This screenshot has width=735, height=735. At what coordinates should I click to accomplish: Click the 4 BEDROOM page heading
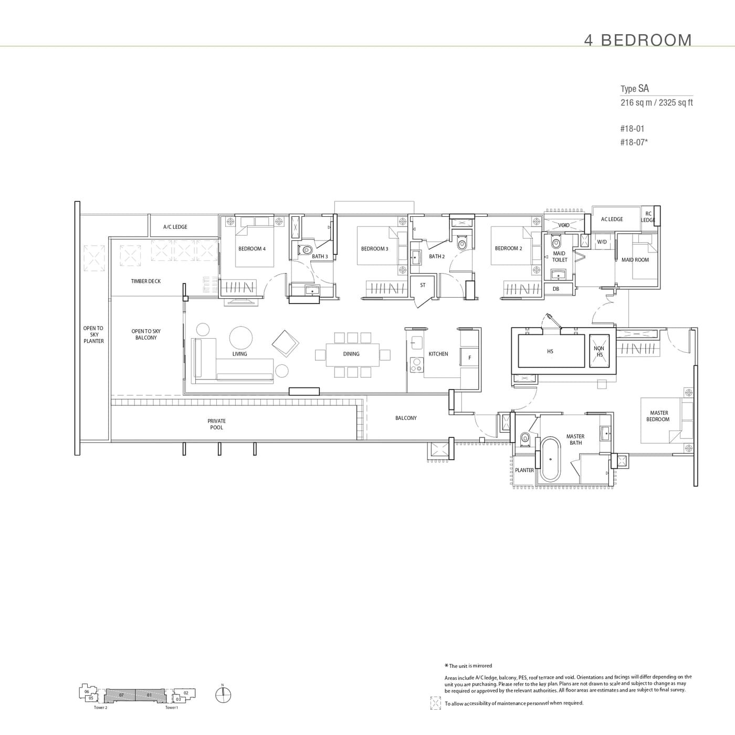638,40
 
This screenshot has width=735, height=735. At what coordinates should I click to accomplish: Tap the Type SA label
634,89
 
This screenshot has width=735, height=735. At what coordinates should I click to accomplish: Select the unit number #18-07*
634,142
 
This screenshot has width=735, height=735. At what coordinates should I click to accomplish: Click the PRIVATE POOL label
216,424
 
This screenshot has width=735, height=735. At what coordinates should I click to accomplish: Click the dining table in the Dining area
351,354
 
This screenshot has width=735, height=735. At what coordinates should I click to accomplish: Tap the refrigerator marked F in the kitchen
469,358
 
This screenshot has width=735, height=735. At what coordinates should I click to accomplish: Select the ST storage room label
423,286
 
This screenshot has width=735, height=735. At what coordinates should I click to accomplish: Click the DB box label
556,289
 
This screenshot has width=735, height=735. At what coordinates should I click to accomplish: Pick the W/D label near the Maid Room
602,242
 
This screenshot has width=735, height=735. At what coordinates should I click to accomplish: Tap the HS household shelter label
550,351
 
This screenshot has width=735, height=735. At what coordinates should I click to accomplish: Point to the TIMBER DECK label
146,281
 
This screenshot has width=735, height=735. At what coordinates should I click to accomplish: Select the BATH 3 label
320,257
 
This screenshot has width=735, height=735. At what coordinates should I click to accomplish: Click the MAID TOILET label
559,257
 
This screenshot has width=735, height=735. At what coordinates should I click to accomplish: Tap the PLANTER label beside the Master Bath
524,470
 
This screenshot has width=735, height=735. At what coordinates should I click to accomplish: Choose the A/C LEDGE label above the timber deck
175,227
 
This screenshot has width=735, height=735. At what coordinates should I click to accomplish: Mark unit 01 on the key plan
149,695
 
